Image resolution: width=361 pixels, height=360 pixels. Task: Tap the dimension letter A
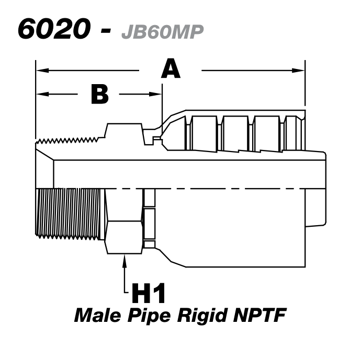coord(171,69)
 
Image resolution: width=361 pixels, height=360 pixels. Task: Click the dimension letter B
coord(99,94)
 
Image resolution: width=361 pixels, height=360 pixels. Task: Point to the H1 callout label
coord(148,294)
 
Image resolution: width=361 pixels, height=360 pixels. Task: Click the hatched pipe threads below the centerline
coord(70,214)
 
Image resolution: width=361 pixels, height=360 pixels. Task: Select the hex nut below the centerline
coord(123,222)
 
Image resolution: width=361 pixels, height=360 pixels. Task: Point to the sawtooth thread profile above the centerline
coord(68,140)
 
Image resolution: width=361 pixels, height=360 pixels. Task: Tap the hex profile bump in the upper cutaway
coord(124,131)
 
